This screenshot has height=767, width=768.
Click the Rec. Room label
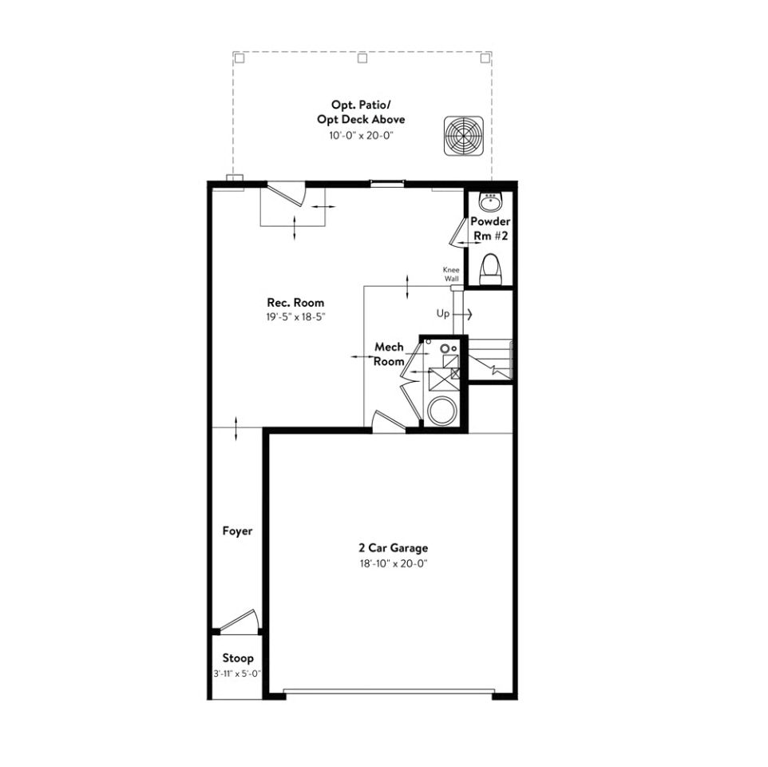(295, 302)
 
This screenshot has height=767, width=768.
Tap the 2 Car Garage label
(394, 548)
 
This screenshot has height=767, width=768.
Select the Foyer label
(238, 531)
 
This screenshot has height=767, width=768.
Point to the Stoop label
(238, 658)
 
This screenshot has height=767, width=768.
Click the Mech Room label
(389, 354)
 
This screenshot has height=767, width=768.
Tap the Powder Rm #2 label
(490, 229)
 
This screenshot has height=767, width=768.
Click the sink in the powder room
(490, 201)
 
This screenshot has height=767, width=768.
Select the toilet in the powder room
(491, 269)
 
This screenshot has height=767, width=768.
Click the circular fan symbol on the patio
(463, 136)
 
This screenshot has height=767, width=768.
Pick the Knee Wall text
(451, 275)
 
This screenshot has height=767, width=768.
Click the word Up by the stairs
(443, 314)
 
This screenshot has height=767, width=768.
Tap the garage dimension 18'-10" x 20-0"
(394, 563)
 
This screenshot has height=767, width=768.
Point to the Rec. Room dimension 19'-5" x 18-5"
(296, 317)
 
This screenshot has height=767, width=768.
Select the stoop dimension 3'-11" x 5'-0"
(237, 674)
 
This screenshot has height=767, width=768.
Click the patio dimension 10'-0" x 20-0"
(362, 135)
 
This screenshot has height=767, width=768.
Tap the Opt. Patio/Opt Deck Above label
(361, 112)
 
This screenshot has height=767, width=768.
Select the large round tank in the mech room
(442, 411)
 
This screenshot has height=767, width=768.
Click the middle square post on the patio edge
(362, 58)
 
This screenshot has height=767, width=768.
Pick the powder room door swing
(457, 232)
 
